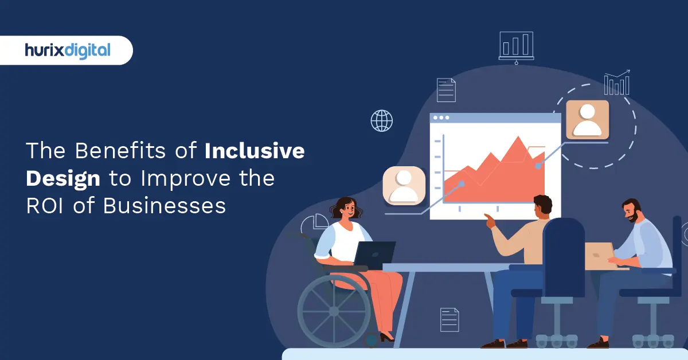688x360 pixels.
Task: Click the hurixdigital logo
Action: click(67, 50)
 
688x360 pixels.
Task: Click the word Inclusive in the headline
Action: click(255, 152)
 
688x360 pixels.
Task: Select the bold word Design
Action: click(63, 179)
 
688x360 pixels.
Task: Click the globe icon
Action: click(382, 121)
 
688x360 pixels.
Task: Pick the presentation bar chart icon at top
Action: click(516, 45)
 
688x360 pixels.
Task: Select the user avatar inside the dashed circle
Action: click(587, 119)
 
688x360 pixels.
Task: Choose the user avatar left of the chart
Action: click(404, 185)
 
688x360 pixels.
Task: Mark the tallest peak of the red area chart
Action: click(519, 138)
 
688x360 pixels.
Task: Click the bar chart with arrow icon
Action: click(616, 83)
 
